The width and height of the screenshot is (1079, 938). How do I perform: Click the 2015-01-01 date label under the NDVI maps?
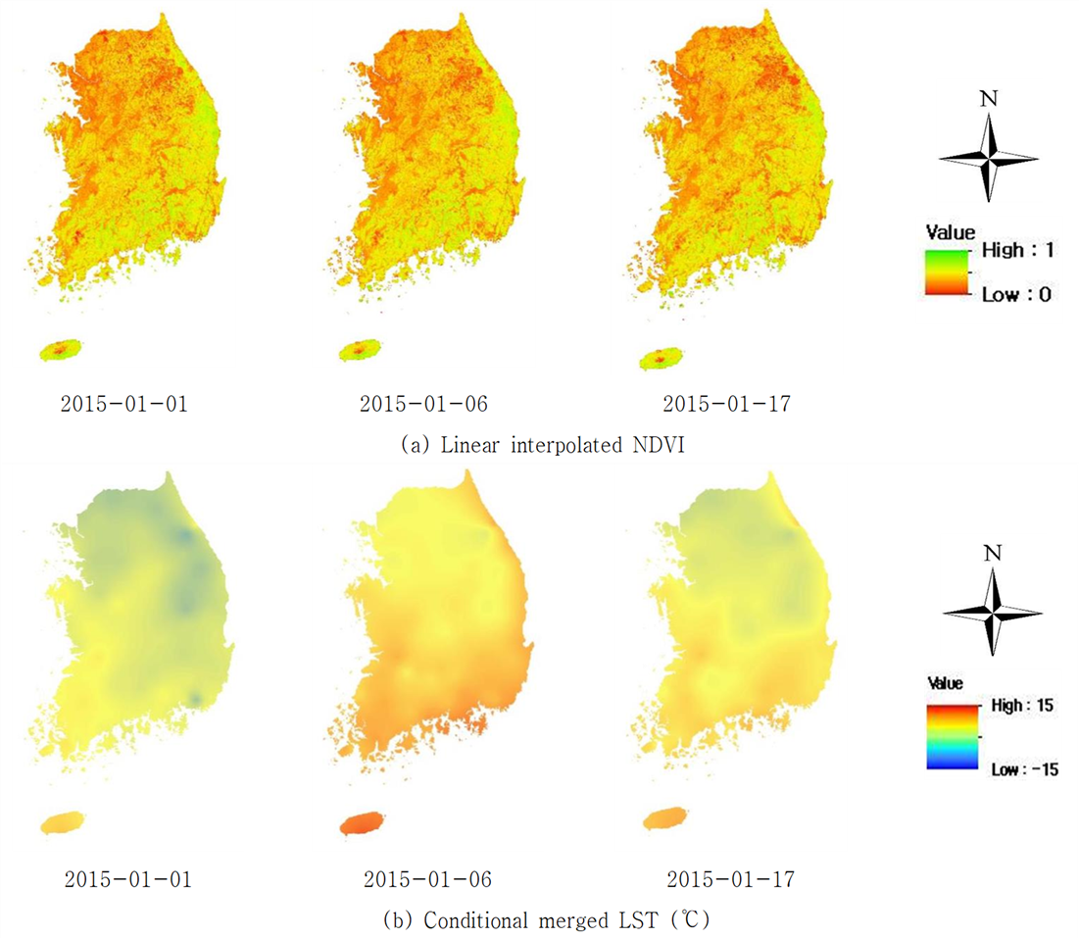coord(124,403)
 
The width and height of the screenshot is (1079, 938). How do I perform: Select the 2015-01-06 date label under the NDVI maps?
coord(424,403)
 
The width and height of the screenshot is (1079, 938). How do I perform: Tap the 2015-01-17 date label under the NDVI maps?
coord(726,403)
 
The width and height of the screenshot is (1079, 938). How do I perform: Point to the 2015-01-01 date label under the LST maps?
coord(128,879)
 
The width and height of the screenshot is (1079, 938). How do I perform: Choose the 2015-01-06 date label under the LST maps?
coord(428,879)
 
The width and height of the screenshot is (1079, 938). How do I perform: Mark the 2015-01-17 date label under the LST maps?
coord(731,879)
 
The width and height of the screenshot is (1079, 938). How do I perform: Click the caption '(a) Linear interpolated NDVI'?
coord(543,445)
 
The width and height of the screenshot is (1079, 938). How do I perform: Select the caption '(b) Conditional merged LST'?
coord(547,920)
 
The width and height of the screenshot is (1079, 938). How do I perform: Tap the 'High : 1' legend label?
coord(1018,250)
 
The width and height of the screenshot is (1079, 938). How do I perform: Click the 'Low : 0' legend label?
coord(1016,295)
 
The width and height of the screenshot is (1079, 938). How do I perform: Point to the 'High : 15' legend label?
coord(1022,706)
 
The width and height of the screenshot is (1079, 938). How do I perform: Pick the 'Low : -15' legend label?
coord(1025,769)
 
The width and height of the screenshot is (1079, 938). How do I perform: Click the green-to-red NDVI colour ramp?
coord(947,272)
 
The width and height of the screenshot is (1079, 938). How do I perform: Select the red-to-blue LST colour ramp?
coord(953,737)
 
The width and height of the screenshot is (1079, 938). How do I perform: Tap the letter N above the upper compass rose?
coord(989,99)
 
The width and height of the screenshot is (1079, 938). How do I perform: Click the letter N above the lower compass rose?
coord(993,554)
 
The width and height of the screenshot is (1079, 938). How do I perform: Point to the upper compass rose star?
coord(989,158)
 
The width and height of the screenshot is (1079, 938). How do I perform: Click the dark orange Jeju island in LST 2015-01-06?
coord(362,823)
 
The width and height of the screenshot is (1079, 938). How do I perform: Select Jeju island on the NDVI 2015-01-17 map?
coord(662,360)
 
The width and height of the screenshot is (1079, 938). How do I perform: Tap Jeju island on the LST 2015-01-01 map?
coord(63,823)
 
